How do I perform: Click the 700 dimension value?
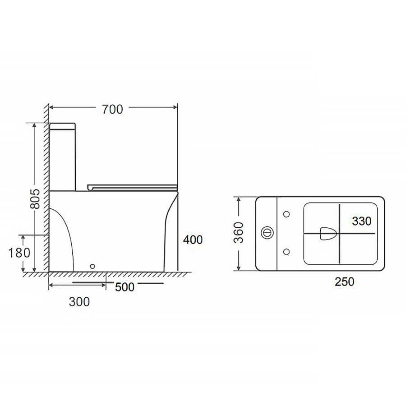tap(112, 109)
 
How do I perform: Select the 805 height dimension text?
tap(35, 198)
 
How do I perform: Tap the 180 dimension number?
tap(19, 253)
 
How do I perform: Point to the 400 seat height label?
tap(193, 240)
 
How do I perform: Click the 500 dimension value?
tap(125, 287)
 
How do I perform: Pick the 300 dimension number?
tap(79, 302)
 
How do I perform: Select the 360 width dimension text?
tap(239, 232)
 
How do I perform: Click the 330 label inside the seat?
tap(361, 221)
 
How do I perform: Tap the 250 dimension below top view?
tap(344, 281)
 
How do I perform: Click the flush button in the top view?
tap(267, 232)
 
